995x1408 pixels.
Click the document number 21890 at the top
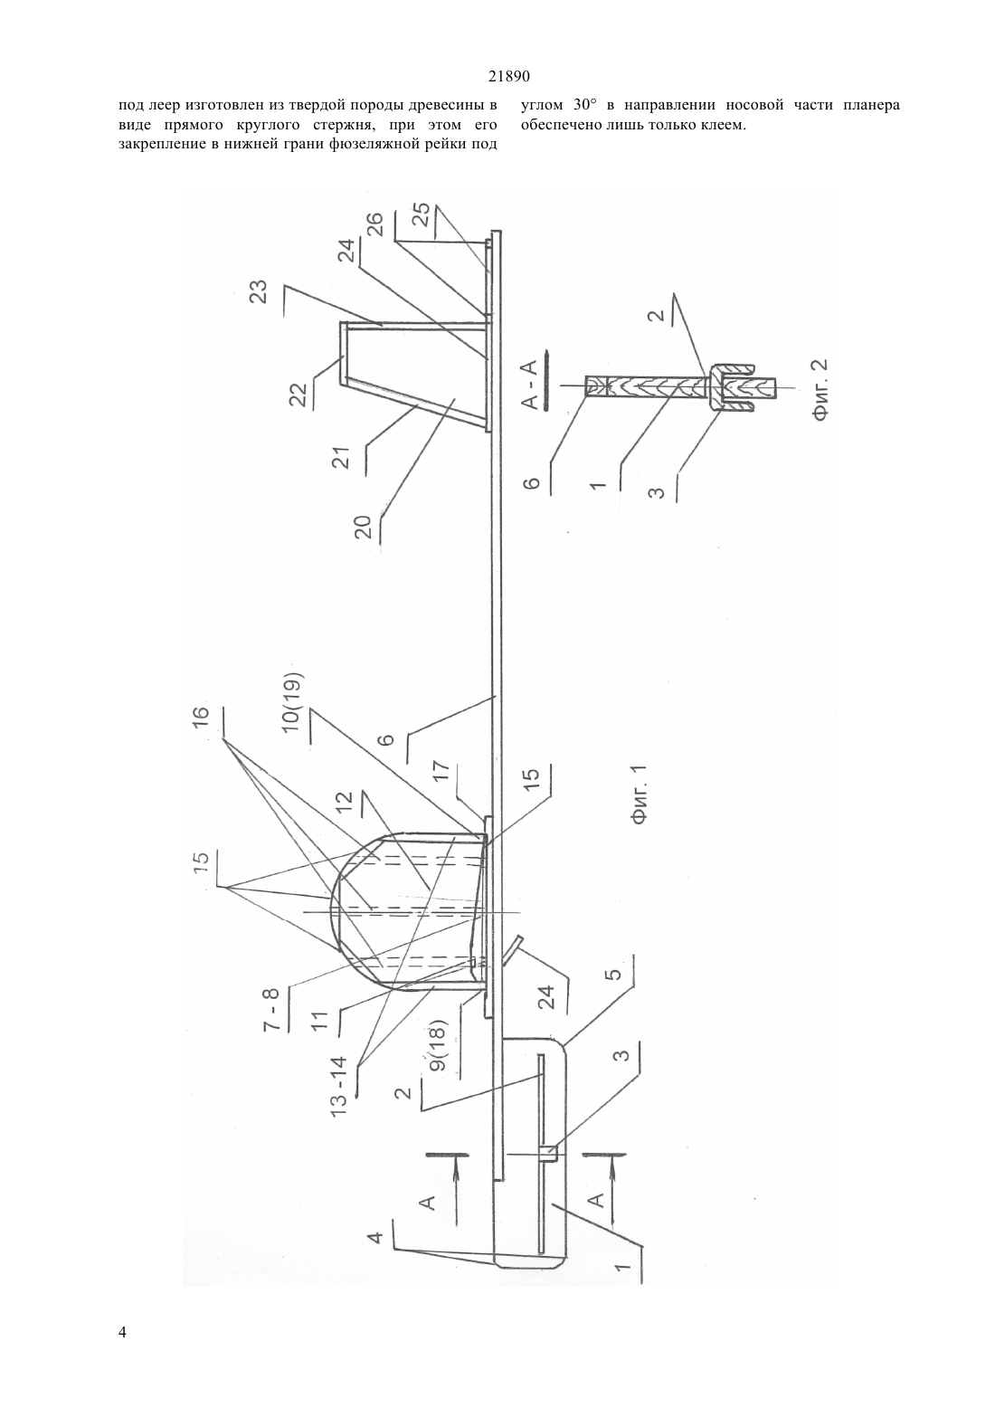point(508,77)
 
